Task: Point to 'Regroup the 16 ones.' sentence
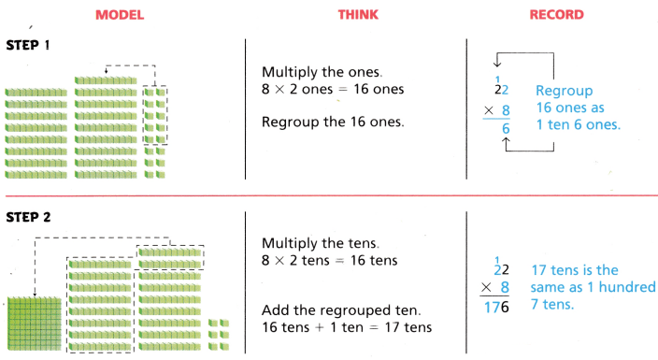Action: (x=333, y=122)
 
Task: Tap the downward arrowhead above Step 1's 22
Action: (x=505, y=64)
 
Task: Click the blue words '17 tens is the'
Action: (x=573, y=270)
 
